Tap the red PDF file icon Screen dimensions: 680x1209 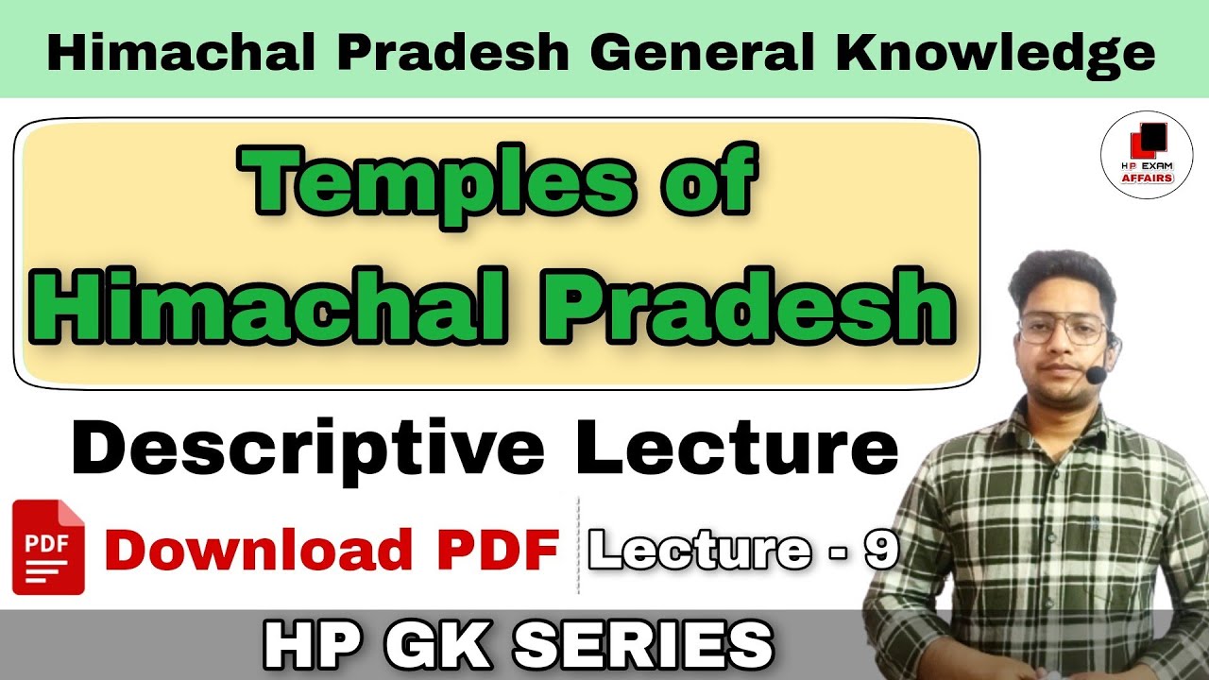(x=48, y=548)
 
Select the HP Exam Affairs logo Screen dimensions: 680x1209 (x=1147, y=156)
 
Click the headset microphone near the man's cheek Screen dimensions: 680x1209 (x=1096, y=375)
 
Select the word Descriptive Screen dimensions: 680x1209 (x=308, y=450)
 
